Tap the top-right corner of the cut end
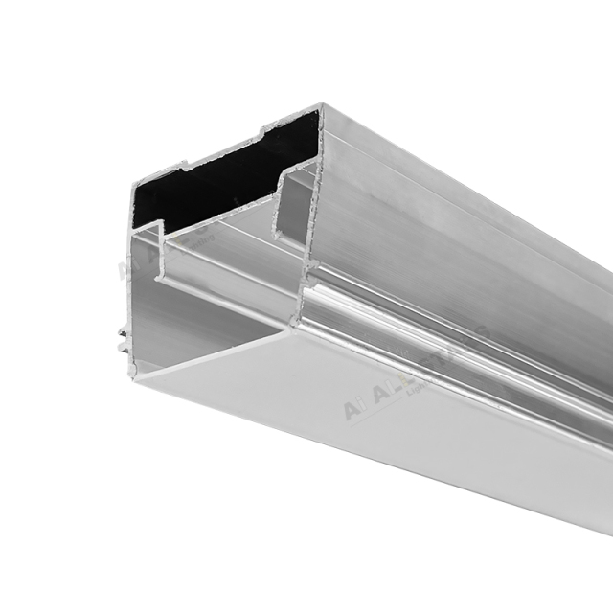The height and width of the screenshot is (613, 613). [321, 108]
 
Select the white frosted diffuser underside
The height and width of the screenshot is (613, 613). [383, 431]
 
